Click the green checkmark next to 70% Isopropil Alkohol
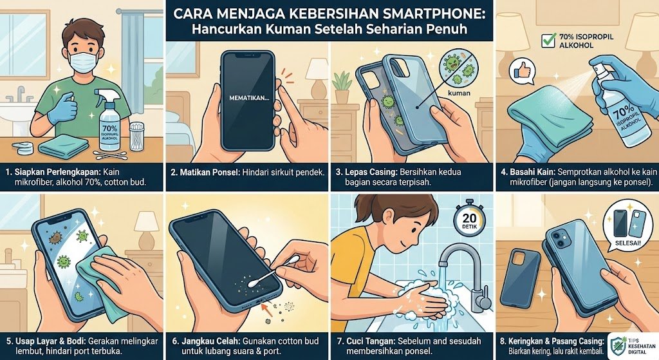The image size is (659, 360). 549,41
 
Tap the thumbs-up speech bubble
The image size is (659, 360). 522,71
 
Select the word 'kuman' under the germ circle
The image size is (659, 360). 459,93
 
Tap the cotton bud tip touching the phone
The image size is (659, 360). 254,283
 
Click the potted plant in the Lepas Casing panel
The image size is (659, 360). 342,88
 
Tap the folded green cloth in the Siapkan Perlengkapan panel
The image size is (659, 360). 64,146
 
